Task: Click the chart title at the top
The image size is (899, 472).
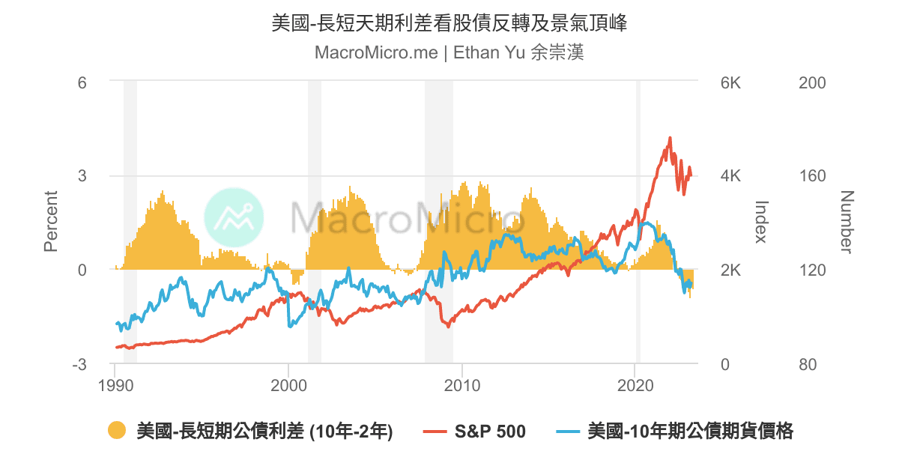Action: pos(449,23)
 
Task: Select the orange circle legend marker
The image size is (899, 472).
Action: pos(116,431)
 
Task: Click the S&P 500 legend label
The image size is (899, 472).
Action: pos(490,432)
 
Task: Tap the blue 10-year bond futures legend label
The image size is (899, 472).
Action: pos(691,432)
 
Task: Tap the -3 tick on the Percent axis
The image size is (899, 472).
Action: pos(79,365)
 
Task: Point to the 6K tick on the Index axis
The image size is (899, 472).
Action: pos(730,82)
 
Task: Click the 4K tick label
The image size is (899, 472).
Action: pos(730,177)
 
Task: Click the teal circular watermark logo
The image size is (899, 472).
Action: pos(234,217)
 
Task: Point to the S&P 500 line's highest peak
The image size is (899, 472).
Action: pos(670,138)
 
